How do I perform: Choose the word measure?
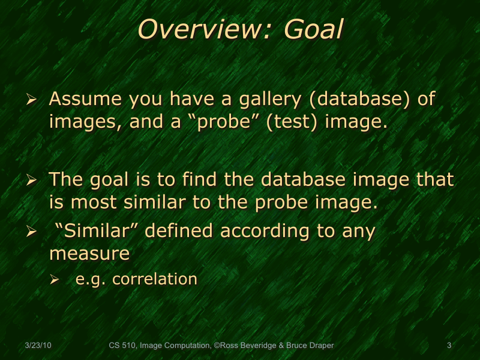(89, 254)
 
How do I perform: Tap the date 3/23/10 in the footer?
(38, 346)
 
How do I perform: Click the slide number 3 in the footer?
(449, 346)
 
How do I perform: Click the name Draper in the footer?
(319, 346)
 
